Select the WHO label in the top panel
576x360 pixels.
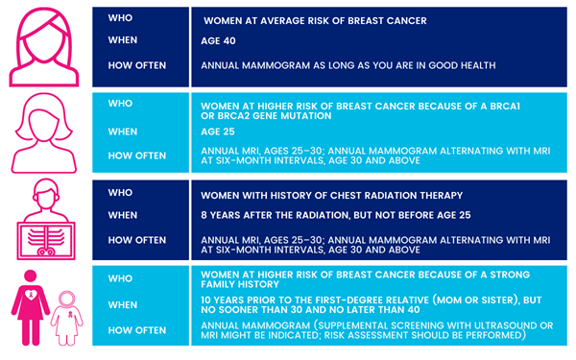point(122,19)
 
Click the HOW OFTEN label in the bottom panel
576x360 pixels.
point(137,329)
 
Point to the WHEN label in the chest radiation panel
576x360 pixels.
point(125,216)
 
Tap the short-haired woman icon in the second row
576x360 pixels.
point(44,133)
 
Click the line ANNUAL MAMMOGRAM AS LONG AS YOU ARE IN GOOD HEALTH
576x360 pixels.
point(348,65)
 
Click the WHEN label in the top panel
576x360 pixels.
point(125,41)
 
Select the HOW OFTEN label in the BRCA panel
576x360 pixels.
point(137,154)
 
